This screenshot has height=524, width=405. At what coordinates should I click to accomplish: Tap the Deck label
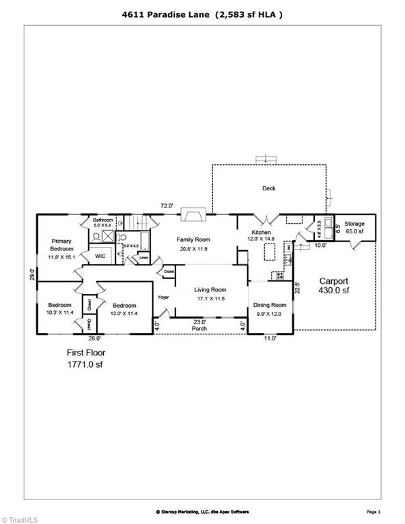269,188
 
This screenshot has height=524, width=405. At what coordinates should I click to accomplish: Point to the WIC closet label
100,257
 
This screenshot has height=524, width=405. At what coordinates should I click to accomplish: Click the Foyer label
163,297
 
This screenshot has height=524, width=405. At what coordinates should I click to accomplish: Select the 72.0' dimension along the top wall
167,205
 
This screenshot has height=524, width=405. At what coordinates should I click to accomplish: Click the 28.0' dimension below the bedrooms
94,338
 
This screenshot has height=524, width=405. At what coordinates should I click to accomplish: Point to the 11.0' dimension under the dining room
270,338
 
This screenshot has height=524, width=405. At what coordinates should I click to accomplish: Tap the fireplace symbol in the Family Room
192,216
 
